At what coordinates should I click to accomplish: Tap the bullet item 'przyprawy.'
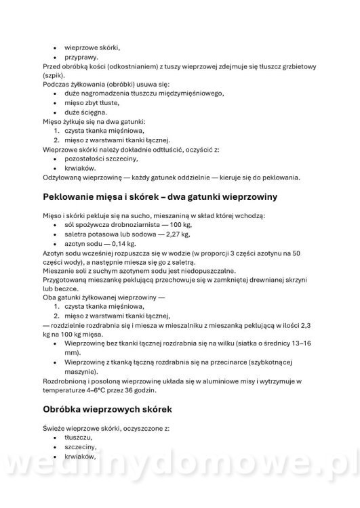81,58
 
